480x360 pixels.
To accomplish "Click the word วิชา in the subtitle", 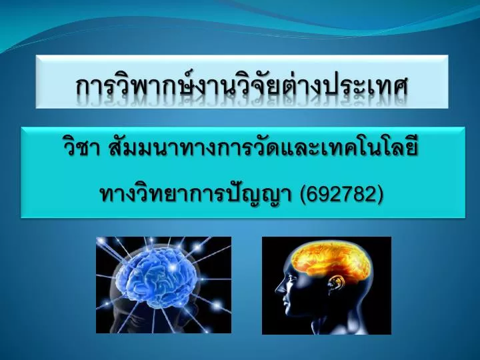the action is click(x=81, y=149).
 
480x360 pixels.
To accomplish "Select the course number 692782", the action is click(x=341, y=194).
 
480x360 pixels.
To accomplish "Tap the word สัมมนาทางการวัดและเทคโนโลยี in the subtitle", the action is click(x=263, y=149).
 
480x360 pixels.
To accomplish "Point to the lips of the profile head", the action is click(x=284, y=302).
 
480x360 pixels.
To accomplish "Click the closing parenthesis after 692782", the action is click(x=380, y=194).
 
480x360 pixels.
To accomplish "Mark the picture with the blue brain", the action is click(x=164, y=285).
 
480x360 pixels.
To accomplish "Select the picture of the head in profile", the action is click(x=326, y=285).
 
